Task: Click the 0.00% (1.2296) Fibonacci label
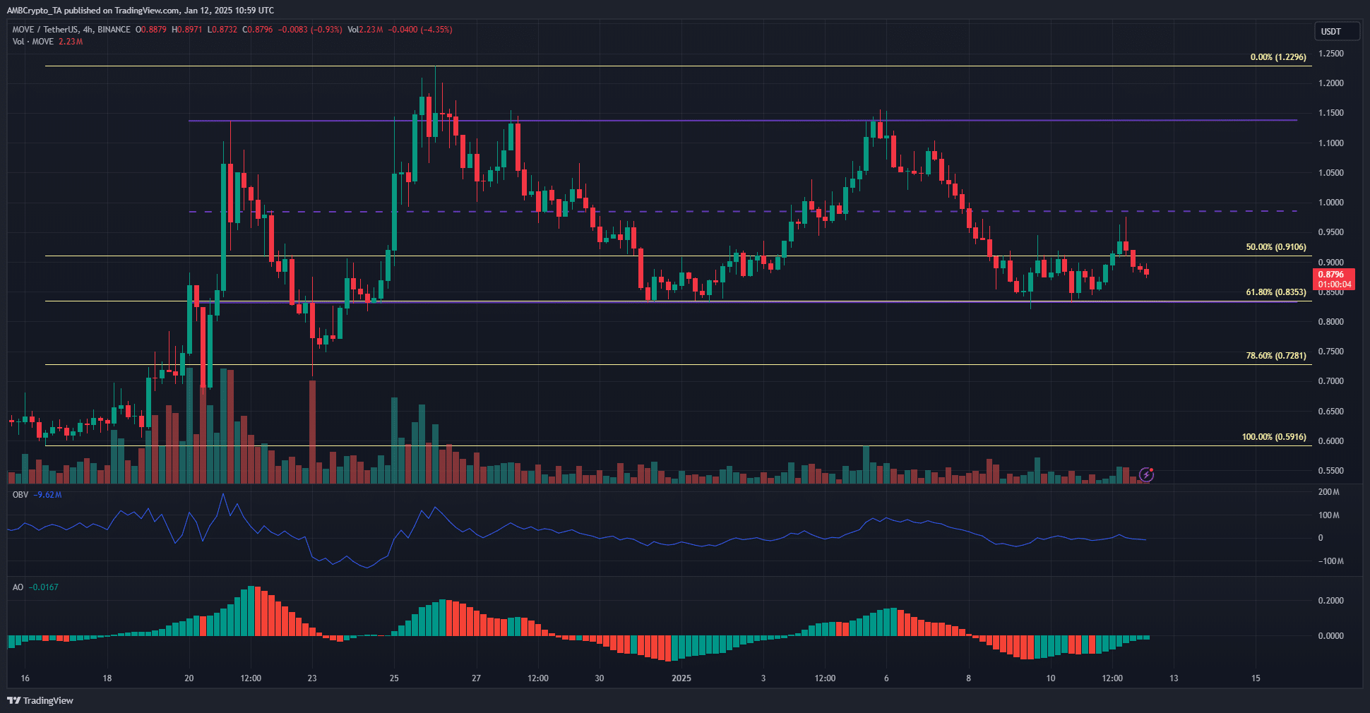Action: [1277, 57]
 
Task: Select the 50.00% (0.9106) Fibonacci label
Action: [1275, 248]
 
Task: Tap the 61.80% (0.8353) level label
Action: [1275, 292]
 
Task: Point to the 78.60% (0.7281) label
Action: [1275, 356]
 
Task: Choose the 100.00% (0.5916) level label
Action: [1273, 437]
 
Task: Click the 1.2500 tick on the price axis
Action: [1330, 54]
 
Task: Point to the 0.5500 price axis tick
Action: [1330, 471]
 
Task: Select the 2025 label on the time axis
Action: [681, 678]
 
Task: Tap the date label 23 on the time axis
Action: [312, 678]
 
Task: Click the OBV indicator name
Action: [20, 495]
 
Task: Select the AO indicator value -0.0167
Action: [43, 587]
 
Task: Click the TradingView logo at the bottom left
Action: [40, 700]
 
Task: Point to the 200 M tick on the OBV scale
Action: [1328, 492]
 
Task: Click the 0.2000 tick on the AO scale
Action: [1330, 601]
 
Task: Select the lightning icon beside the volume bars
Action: [1147, 475]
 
